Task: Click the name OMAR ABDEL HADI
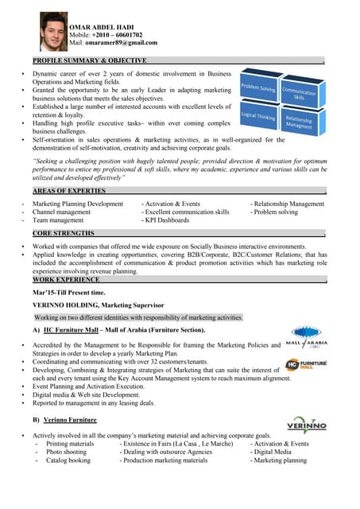[106, 27]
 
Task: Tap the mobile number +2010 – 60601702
[115, 35]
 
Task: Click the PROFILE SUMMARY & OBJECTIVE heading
[89, 60]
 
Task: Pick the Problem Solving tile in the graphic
[258, 88]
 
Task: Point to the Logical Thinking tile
[258, 117]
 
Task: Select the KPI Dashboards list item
[171, 222]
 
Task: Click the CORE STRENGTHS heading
[64, 234]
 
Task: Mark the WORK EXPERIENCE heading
[66, 280]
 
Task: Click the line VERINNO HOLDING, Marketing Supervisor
[98, 305]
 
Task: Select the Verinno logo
[306, 424]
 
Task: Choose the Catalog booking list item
[68, 460]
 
